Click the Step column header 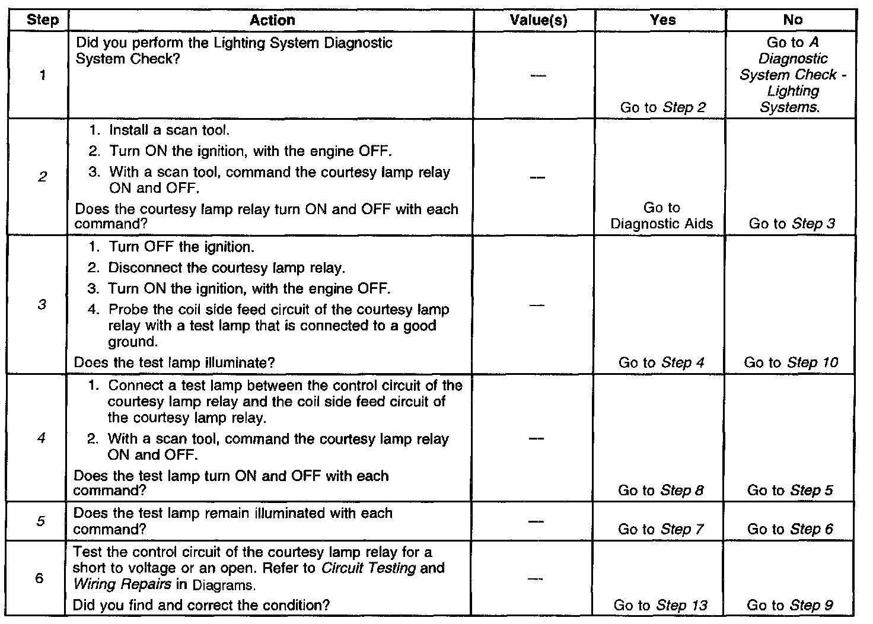click(43, 20)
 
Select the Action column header click(272, 20)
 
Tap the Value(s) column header click(538, 20)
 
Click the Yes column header click(662, 20)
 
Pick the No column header click(792, 20)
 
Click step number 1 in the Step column click(43, 75)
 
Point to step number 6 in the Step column click(39, 578)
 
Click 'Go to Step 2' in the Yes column click(663, 108)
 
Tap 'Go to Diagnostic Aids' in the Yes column click(662, 216)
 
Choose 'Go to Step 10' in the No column click(791, 362)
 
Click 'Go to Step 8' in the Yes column click(661, 491)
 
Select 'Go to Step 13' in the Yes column click(661, 606)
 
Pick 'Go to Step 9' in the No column click(790, 606)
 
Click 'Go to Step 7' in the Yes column click(661, 529)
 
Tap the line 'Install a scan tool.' click(169, 130)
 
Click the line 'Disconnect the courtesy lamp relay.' click(226, 268)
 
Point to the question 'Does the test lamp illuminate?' click(174, 362)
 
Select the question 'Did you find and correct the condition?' click(201, 606)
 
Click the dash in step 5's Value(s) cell click(536, 521)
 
